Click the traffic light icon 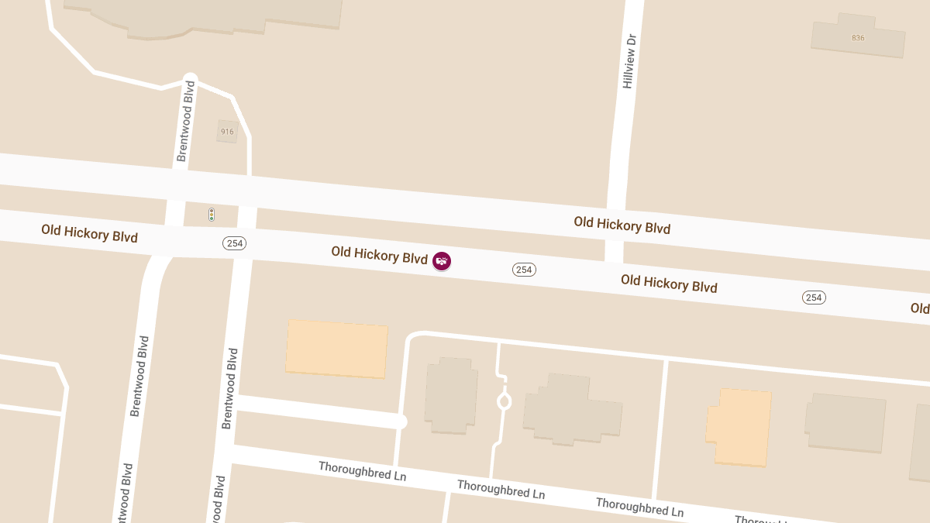pos(212,215)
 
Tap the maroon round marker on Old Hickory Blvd pos(442,261)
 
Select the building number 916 pos(227,132)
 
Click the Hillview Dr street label pos(629,60)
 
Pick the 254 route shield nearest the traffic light pos(234,243)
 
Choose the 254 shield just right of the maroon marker pos(524,270)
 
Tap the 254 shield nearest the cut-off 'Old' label pos(814,298)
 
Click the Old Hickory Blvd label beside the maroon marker pos(379,255)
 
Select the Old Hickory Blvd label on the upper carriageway pos(622,225)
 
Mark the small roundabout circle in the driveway pos(504,401)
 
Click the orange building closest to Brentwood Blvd pos(337,349)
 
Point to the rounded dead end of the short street pos(401,421)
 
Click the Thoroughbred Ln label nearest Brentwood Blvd pos(362,471)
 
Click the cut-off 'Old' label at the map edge pos(920,308)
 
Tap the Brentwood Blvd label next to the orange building pos(229,388)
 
